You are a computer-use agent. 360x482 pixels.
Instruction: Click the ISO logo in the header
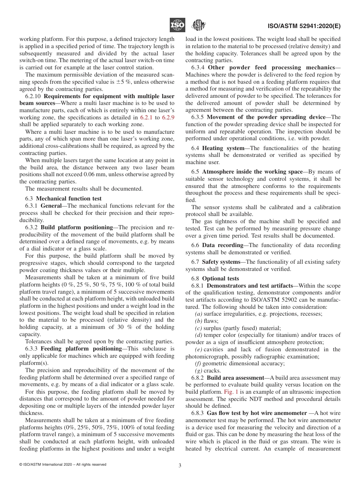pos(177,25)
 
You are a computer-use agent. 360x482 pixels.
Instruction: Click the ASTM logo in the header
pos(198,25)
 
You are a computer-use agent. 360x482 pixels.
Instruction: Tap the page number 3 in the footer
pos(180,466)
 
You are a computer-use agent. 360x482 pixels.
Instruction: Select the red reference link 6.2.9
pos(168,117)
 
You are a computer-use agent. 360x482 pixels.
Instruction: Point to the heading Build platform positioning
pos(77,227)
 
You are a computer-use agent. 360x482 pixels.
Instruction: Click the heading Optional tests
pos(221,279)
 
